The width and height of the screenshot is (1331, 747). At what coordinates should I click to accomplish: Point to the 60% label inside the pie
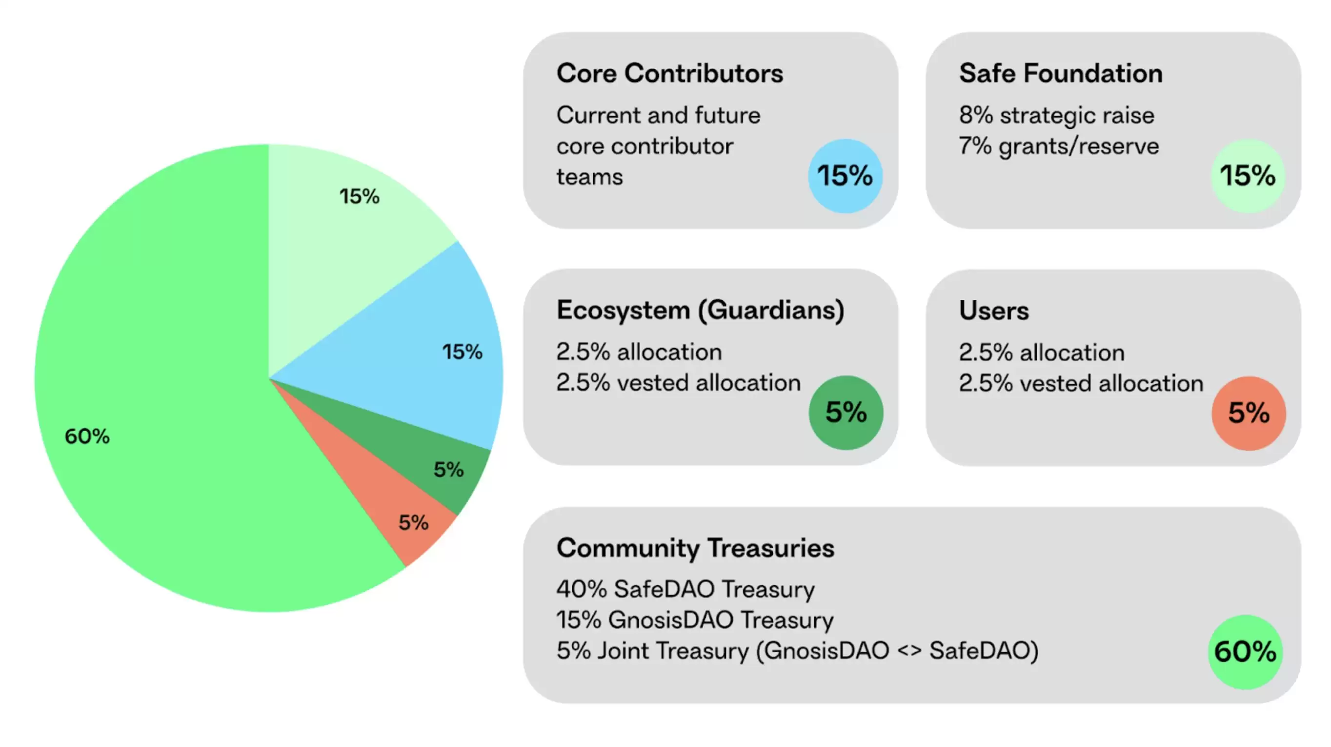click(87, 436)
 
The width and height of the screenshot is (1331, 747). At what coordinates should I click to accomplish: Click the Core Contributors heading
click(669, 73)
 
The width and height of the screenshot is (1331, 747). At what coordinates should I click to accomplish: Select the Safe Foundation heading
click(1061, 73)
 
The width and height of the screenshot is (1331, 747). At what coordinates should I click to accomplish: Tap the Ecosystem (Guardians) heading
click(700, 310)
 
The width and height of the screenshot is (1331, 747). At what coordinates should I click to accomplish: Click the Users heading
click(993, 311)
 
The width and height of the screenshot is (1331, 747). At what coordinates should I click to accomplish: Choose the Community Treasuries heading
click(695, 547)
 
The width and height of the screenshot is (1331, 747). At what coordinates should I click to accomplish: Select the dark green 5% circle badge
click(846, 413)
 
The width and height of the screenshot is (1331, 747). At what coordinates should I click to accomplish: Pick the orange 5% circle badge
click(1249, 413)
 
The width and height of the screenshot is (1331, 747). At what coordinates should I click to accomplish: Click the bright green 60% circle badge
click(1245, 651)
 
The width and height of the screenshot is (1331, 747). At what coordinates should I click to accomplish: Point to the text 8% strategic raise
click(1057, 115)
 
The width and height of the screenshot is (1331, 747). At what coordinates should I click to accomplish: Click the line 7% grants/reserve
click(1059, 146)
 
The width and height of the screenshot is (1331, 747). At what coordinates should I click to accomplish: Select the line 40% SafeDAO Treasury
click(685, 589)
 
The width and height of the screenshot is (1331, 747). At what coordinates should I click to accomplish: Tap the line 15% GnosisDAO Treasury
click(695, 620)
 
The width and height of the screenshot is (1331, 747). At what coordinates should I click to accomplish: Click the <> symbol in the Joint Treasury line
click(909, 651)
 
